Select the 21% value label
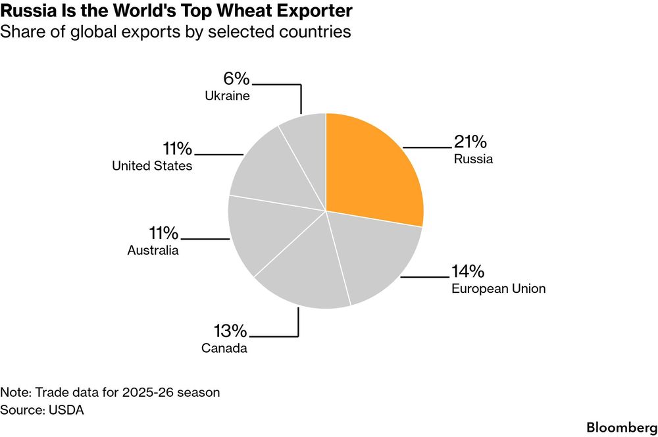tap(470, 141)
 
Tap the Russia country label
tap(473, 159)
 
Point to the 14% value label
tap(467, 271)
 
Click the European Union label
tap(499, 288)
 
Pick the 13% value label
tap(230, 331)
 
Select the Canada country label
tap(224, 348)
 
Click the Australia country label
tap(153, 250)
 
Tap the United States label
tap(152, 166)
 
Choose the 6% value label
tap(236, 78)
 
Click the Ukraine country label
tap(227, 95)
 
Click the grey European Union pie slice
tap(374, 256)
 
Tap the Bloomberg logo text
tap(622, 427)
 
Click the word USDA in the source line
tap(66, 410)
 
